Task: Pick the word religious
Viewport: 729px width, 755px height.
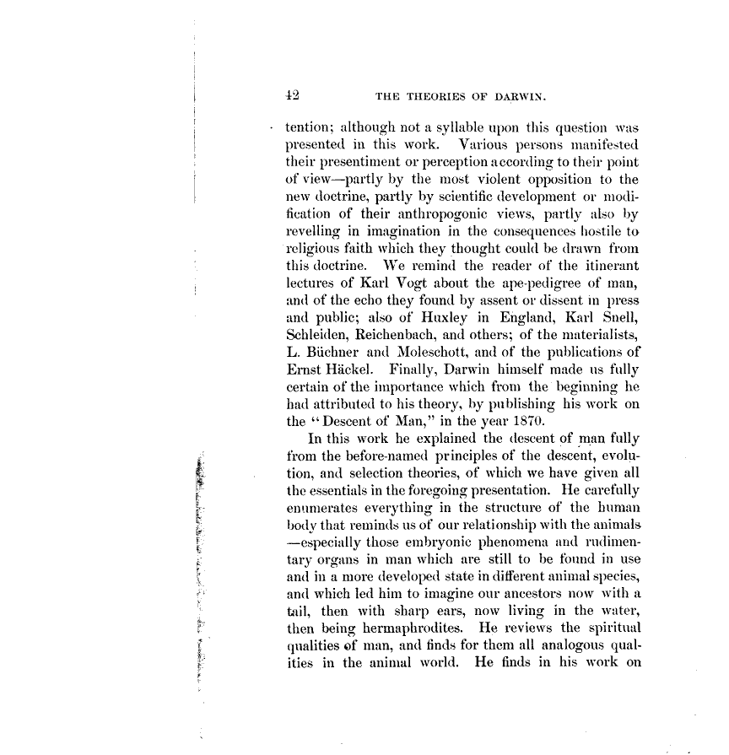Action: tap(314, 249)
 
